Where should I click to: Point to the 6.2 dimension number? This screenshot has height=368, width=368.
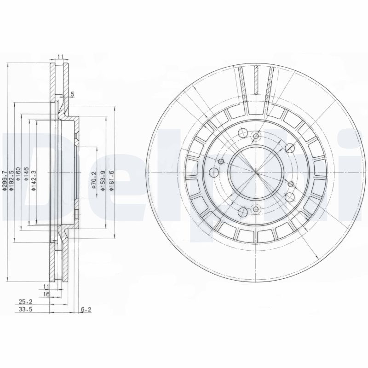(x=86, y=309)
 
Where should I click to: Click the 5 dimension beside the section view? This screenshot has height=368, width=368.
(x=73, y=95)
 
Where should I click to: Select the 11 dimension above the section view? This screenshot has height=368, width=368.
(x=60, y=56)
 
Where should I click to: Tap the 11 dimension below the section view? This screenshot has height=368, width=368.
(x=46, y=286)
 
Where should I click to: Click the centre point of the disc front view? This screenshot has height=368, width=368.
(x=256, y=173)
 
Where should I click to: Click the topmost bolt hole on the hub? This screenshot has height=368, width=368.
(x=257, y=136)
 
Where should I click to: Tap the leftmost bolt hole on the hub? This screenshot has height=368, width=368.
(x=214, y=173)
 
